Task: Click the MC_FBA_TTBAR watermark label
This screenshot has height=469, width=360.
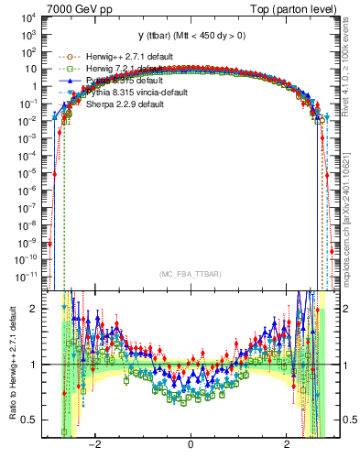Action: [x=190, y=274]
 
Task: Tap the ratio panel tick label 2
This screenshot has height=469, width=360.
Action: [x=34, y=310]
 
